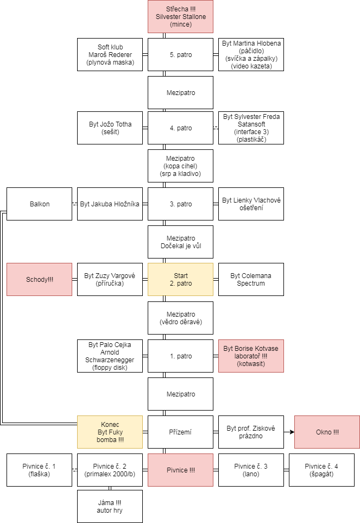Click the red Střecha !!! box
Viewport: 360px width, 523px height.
[x=180, y=17]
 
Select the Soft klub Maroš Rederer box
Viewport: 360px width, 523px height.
[x=110, y=55]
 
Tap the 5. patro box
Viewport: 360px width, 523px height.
[x=180, y=55]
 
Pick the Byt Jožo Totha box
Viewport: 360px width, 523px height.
[x=110, y=128]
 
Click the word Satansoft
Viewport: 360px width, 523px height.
[x=251, y=124]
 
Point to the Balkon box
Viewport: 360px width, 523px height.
[x=39, y=204]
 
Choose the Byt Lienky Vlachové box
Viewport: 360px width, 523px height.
[x=251, y=204]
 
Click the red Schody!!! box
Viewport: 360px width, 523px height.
[x=39, y=280]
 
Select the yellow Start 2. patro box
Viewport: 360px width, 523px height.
[x=180, y=280]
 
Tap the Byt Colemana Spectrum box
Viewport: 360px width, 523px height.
[x=251, y=280]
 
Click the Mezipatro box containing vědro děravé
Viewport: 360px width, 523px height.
[x=180, y=318]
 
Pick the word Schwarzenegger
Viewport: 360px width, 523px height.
[x=110, y=360]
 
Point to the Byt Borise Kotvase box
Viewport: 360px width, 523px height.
[x=251, y=356]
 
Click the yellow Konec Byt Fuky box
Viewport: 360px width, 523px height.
[x=110, y=432]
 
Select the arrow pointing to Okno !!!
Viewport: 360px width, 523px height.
[x=289, y=432]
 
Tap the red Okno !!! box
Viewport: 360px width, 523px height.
[x=327, y=432]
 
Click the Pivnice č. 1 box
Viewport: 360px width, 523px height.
[x=39, y=470]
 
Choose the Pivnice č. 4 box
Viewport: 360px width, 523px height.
[x=321, y=470]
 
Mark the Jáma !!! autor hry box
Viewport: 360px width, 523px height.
[x=110, y=507]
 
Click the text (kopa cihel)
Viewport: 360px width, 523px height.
[x=180, y=166]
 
